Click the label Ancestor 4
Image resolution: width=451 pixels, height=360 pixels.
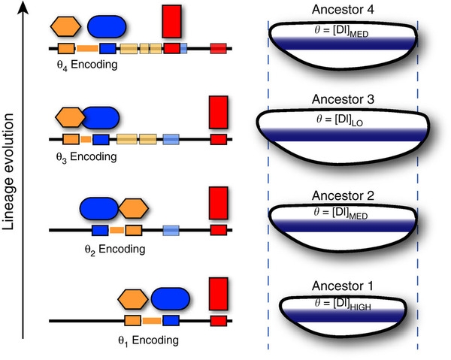[x=344, y=9]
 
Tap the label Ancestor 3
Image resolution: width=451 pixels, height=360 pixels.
[x=344, y=100]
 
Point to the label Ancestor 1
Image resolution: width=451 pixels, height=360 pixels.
[x=344, y=286]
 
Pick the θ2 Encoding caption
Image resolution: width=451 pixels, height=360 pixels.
[x=115, y=247]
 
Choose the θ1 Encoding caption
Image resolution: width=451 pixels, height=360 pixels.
[x=149, y=339]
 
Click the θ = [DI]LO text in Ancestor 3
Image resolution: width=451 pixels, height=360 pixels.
[x=343, y=120]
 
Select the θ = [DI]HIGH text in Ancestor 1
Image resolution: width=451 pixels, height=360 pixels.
[x=344, y=306]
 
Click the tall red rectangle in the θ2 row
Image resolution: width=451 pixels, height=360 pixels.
[x=218, y=203]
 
